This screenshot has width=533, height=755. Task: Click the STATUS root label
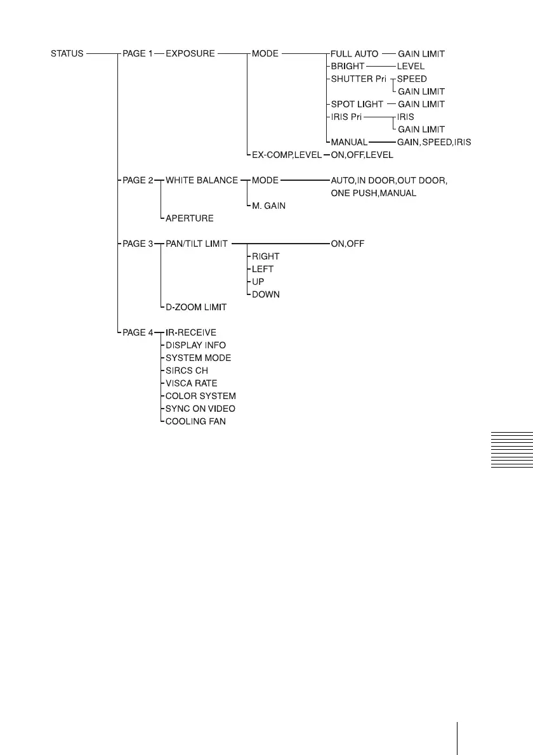(67, 54)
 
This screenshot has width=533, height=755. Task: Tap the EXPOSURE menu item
(190, 54)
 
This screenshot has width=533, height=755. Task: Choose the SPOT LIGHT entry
(357, 104)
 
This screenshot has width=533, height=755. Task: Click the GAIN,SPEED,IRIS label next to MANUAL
(434, 142)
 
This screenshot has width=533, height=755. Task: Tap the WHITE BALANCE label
(202, 180)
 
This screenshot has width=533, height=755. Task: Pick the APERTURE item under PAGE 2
(190, 218)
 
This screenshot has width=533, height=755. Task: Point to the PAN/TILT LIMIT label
(197, 244)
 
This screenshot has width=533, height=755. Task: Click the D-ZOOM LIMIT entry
(196, 307)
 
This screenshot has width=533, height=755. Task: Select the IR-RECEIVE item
(191, 332)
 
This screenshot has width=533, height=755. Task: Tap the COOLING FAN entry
(195, 421)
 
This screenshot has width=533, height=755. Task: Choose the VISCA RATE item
(191, 383)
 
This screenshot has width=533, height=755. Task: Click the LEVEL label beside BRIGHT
(411, 66)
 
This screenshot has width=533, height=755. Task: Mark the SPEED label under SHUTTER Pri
(412, 79)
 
